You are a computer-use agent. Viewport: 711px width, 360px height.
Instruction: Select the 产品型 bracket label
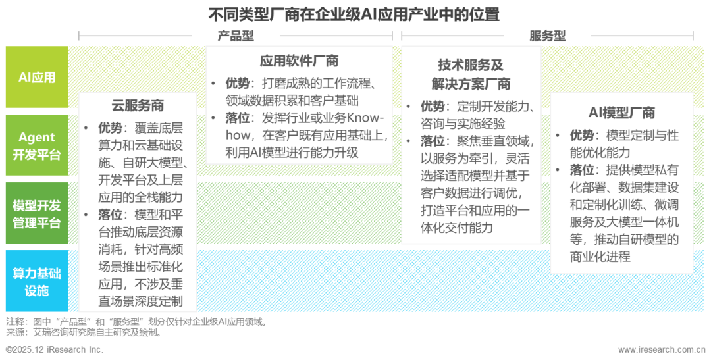235,36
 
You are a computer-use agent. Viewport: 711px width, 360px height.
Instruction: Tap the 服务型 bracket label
547,36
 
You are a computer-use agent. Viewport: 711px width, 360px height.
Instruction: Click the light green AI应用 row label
37,77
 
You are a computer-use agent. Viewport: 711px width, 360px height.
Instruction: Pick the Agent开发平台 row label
37,145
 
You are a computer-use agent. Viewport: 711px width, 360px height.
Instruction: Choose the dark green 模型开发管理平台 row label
37,213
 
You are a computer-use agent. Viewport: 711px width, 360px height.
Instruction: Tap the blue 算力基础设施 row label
37,282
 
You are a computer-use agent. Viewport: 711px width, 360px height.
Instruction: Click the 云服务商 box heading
138,106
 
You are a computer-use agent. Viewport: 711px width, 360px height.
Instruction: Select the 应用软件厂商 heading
299,61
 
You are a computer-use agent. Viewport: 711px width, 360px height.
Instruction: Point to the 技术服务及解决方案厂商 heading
471,74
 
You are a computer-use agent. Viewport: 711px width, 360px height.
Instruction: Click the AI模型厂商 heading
621,113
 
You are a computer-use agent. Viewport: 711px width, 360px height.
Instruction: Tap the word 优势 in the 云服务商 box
111,128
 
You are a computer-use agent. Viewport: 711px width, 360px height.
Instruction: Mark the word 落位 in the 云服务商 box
111,215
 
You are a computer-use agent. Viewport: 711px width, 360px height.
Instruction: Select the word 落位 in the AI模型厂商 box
582,170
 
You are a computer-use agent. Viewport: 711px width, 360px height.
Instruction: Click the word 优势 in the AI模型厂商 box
582,136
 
